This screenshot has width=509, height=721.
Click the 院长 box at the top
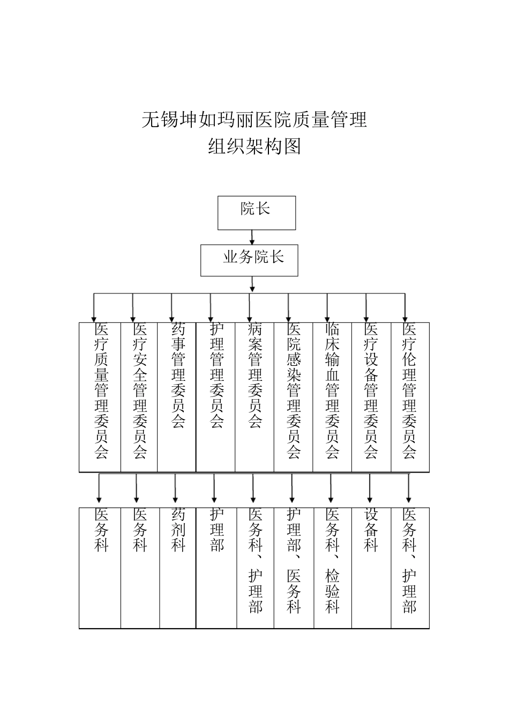coord(256,212)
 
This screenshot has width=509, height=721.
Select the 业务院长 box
coord(249,261)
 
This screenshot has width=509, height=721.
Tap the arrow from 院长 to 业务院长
coord(252,237)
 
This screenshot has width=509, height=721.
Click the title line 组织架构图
coord(254,146)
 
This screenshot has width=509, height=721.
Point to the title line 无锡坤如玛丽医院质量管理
coord(254,119)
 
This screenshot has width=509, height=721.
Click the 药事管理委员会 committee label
coord(178,376)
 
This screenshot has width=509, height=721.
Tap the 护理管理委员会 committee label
coord(216,376)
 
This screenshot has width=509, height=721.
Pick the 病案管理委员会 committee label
coord(255,376)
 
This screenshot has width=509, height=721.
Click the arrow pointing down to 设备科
coord(370,489)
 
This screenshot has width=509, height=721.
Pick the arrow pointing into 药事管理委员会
coord(171,308)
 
